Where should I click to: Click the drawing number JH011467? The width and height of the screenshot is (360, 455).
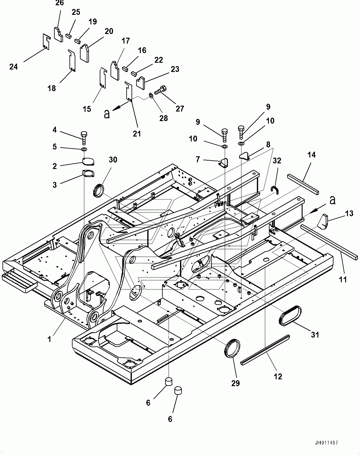click(x=327, y=442)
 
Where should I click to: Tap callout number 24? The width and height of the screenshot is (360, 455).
click(x=14, y=67)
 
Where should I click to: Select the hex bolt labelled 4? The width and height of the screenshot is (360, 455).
click(x=84, y=138)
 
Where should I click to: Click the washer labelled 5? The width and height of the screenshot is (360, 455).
click(x=84, y=150)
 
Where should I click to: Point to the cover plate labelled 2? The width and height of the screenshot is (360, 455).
click(x=88, y=162)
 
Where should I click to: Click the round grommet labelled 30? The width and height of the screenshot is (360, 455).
click(x=98, y=191)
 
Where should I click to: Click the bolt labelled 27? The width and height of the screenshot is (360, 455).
click(x=160, y=90)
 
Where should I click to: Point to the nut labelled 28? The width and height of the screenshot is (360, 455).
click(x=151, y=95)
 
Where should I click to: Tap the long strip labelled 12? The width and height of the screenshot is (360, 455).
click(x=265, y=350)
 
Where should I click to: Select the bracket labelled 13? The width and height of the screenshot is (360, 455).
click(x=323, y=222)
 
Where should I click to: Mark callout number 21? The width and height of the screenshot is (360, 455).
click(x=137, y=134)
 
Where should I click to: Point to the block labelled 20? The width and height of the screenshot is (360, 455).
click(x=85, y=53)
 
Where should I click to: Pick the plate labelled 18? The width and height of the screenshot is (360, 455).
click(x=72, y=61)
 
